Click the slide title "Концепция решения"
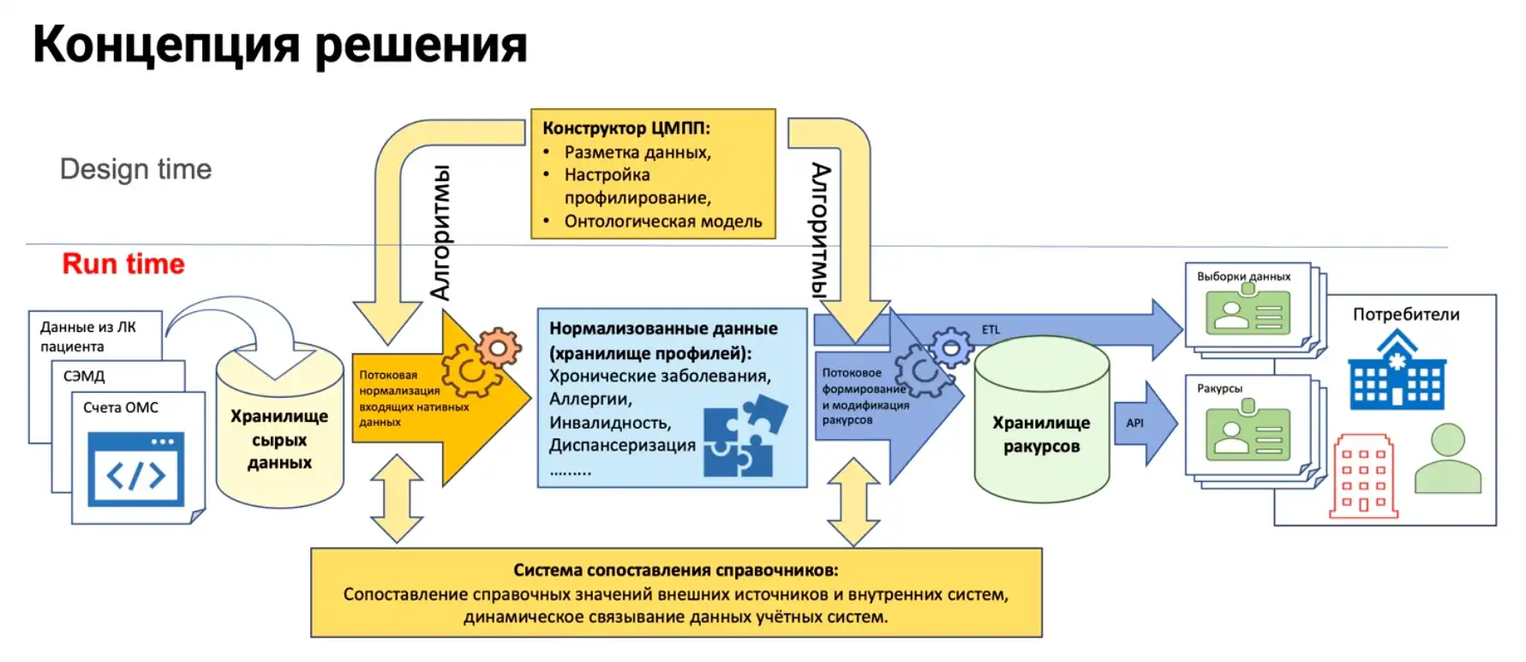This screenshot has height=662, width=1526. (279, 45)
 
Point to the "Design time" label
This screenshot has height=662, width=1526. (135, 169)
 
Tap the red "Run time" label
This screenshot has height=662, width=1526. (123, 263)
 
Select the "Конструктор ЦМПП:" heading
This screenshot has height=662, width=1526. (626, 128)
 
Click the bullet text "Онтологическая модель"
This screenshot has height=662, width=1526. (662, 221)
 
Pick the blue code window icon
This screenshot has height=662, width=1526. (135, 469)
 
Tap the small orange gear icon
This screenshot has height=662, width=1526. (500, 346)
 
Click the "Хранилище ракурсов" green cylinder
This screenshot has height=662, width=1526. (1041, 434)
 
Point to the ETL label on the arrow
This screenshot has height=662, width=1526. (990, 329)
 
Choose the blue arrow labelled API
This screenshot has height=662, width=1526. (1143, 423)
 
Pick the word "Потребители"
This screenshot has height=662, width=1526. (1405, 315)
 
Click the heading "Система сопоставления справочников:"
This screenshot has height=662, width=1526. (675, 570)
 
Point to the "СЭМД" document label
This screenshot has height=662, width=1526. (84, 376)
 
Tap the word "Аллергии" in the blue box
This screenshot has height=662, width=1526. (589, 400)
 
